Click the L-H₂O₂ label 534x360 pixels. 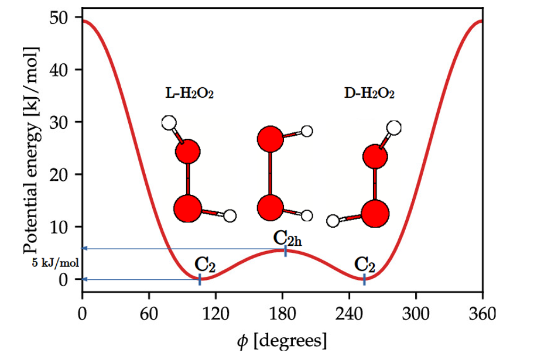pyautogui.click(x=189, y=93)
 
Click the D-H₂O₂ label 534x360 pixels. pyautogui.click(x=369, y=93)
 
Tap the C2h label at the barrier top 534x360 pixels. pyautogui.click(x=287, y=238)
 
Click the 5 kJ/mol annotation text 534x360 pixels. pyautogui.click(x=56, y=263)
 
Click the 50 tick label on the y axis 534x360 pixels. pyautogui.click(x=66, y=18)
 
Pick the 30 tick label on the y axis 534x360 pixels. pyautogui.click(x=66, y=122)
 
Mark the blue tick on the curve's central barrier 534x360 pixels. pyautogui.click(x=285, y=251)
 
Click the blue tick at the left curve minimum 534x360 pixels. pyautogui.click(x=200, y=279)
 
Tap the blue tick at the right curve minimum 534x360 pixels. pyautogui.click(x=364, y=279)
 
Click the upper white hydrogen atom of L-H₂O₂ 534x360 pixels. pyautogui.click(x=169, y=123)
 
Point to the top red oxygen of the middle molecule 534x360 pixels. pyautogui.click(x=270, y=140)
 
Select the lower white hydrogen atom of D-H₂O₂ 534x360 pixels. pyautogui.click(x=333, y=221)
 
